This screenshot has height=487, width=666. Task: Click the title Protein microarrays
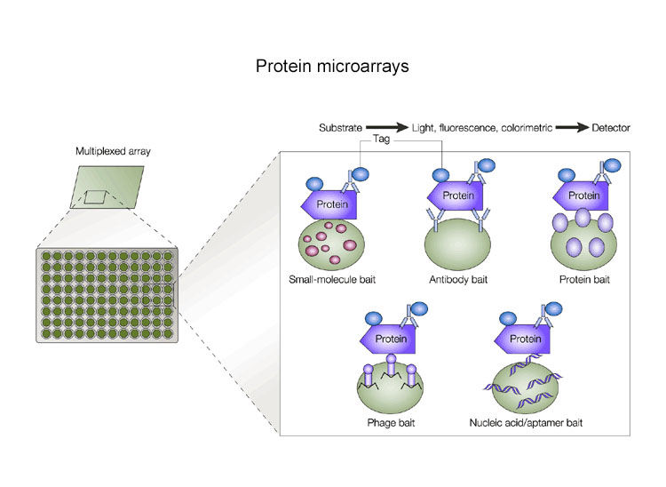coord(332,68)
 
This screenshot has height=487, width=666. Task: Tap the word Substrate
coord(341,128)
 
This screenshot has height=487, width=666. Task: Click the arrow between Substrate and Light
coord(386,128)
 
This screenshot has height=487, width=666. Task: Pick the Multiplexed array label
coord(113,151)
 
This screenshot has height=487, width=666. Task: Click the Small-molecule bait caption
coord(332,280)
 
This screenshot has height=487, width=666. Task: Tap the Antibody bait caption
coord(458,280)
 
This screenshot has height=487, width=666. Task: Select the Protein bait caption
coord(584,280)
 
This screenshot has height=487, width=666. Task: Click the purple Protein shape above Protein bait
coord(582,196)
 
